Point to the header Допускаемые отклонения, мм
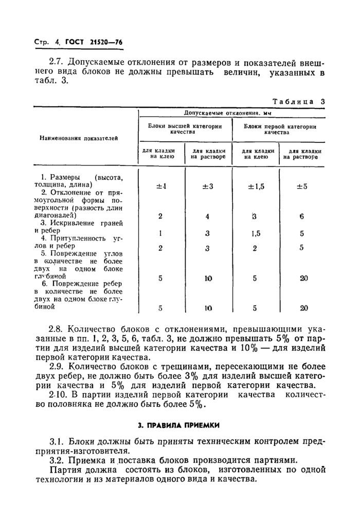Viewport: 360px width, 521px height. coord(231,113)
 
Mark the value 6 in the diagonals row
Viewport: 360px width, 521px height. coord(301,216)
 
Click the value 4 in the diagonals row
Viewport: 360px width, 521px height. coord(207,216)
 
